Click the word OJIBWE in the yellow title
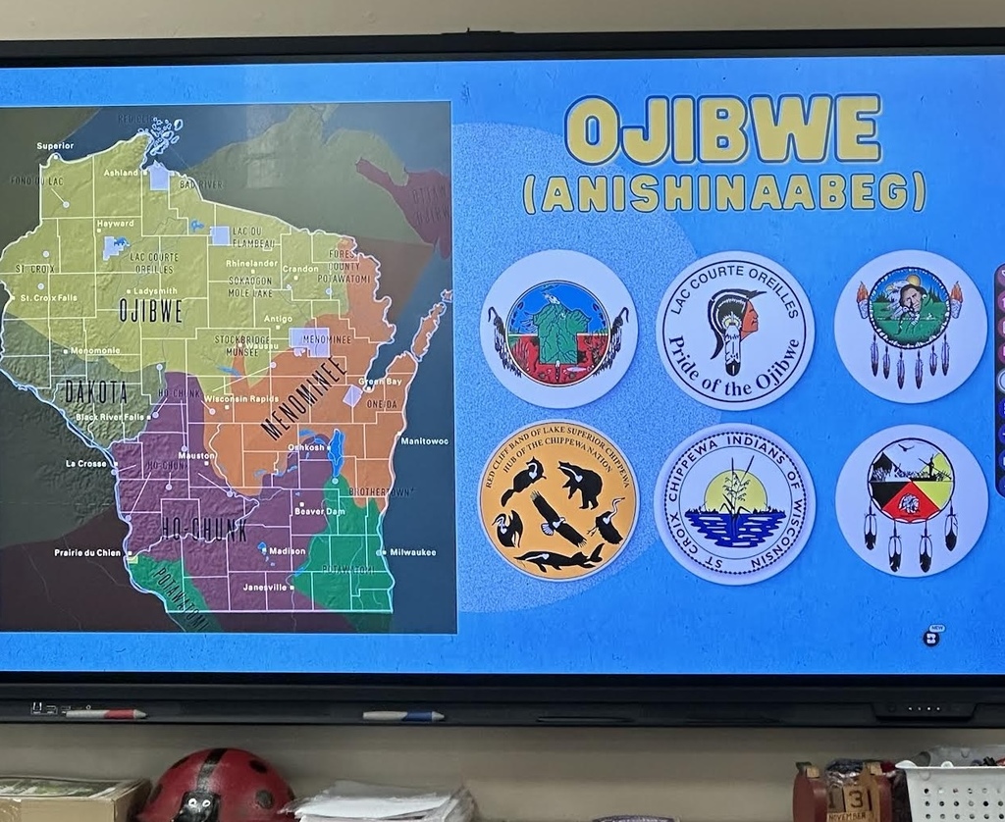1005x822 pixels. pos(722,128)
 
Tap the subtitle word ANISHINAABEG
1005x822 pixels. pos(724,192)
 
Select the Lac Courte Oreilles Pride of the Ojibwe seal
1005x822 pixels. pos(735,331)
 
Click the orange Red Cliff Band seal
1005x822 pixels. pos(557,499)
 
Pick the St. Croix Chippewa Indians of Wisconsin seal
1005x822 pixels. pos(734,504)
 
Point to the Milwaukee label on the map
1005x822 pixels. pos(412,552)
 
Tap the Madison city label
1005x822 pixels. pos(287,551)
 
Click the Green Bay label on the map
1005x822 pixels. pos(379,381)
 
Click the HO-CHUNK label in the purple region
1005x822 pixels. pos(204,530)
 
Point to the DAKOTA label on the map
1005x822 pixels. pos(96,391)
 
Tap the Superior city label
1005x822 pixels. pos(55,146)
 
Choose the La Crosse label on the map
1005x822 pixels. pos(85,463)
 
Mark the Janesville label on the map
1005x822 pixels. pos(265,587)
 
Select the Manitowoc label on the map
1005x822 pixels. pos(424,441)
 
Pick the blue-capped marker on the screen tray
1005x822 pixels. pos(403,716)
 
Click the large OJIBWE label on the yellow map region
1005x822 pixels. pos(151,311)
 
